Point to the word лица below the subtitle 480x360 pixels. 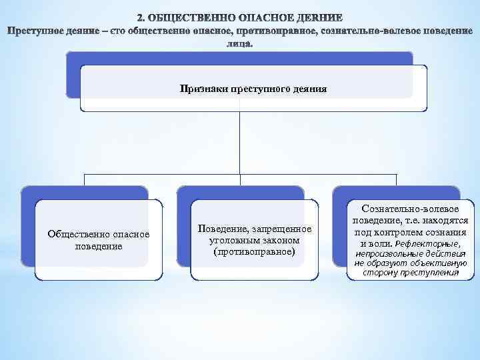[239, 44]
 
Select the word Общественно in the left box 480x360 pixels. [74, 234]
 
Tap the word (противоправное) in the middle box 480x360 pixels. [253, 251]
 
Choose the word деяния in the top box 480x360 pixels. [310, 88]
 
